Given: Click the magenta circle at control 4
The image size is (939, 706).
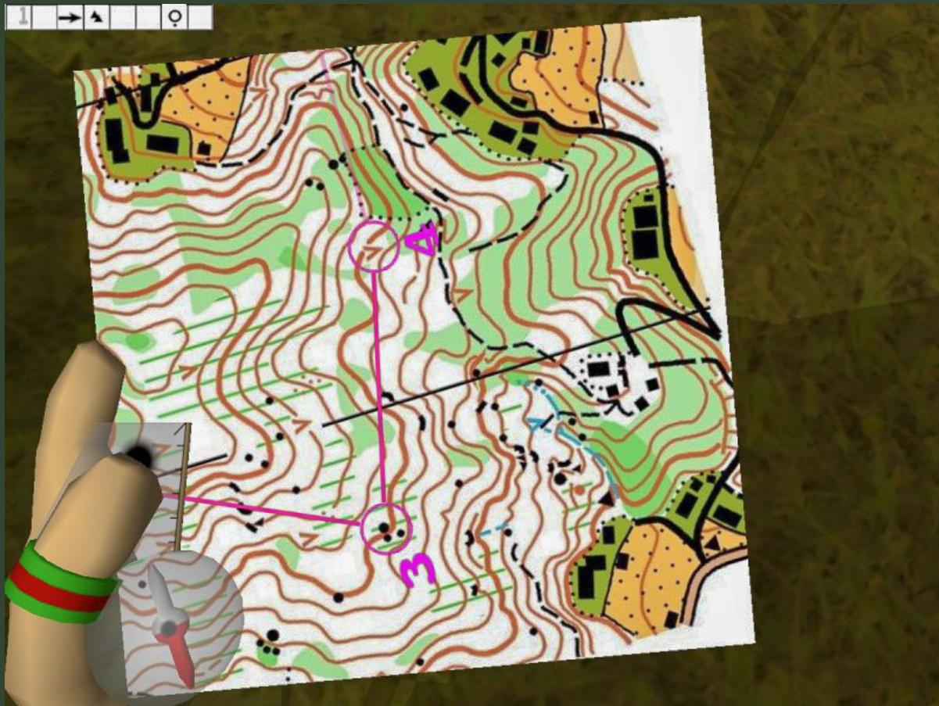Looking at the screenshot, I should click(374, 246).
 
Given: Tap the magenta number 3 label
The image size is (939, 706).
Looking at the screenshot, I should click(418, 569).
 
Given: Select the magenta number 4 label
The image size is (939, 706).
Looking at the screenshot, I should click(422, 239).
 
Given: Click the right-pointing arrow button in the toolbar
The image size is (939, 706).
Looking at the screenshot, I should click(70, 17).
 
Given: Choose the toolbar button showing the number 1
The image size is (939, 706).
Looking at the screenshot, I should click(19, 17).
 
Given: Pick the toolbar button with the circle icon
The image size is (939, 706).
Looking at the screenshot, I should click(174, 17).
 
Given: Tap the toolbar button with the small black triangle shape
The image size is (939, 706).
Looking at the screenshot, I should click(96, 17).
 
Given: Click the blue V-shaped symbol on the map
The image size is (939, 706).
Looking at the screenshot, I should click(539, 423).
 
